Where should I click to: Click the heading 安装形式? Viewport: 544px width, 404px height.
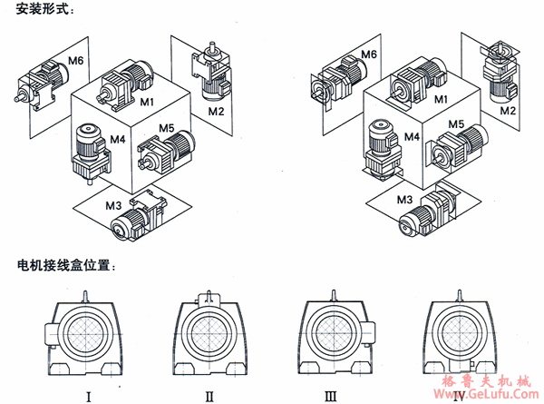[x=39, y=10]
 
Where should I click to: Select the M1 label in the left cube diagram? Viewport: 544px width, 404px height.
[x=146, y=99]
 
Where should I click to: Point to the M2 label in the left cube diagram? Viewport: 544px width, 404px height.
[x=215, y=112]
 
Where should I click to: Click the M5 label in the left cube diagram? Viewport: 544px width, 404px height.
[x=166, y=128]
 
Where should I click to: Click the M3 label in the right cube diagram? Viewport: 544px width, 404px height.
[x=405, y=197]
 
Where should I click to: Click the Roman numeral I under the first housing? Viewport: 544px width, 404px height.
[x=87, y=395]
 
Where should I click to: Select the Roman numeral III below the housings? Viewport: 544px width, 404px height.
[x=333, y=395]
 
